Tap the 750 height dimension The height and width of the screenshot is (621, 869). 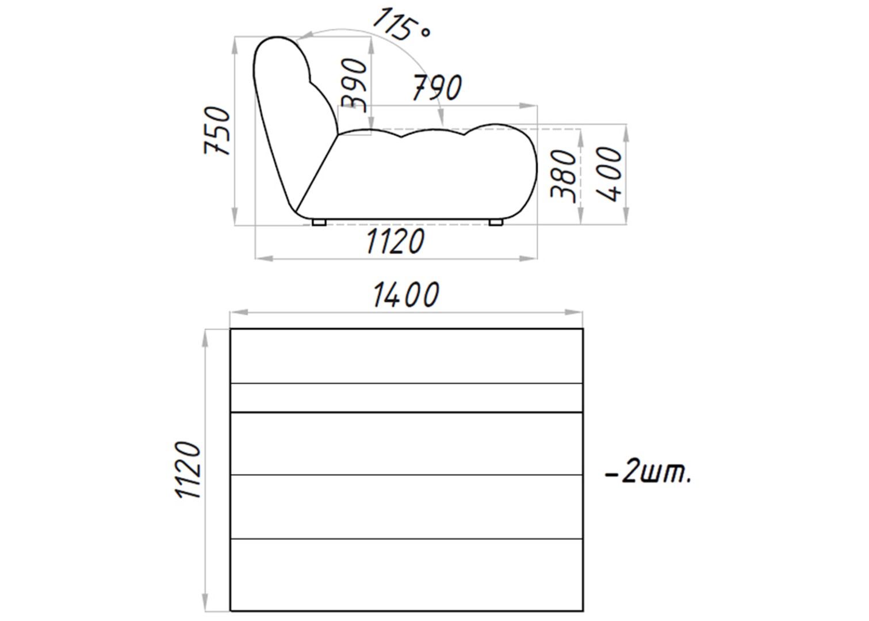[x=217, y=131]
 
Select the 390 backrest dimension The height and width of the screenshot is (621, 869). [x=354, y=85]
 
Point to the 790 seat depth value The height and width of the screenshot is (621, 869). [x=437, y=87]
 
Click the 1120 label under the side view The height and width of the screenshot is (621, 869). [x=395, y=241]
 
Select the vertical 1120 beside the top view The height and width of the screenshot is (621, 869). [x=189, y=469]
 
